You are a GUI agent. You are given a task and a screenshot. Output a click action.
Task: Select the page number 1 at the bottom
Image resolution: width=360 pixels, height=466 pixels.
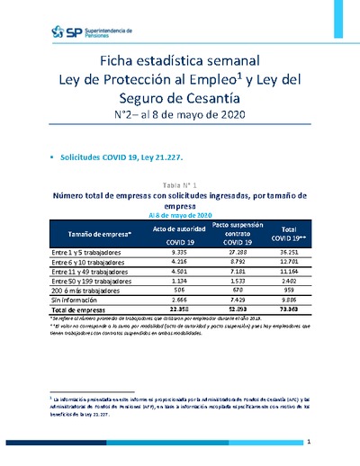pyautogui.click(x=308, y=442)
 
